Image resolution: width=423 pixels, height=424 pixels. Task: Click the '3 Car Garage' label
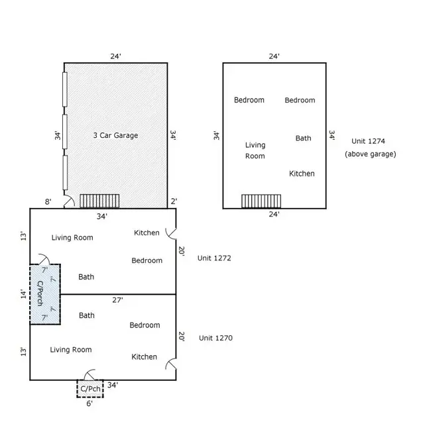click(115, 135)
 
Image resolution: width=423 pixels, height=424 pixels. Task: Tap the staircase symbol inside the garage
click(99, 201)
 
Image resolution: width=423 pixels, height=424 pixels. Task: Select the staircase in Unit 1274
click(261, 201)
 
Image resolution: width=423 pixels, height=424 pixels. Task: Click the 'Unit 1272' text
click(213, 258)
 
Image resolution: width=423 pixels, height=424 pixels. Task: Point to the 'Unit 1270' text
click(215, 338)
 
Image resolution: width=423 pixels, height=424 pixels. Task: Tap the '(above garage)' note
click(370, 154)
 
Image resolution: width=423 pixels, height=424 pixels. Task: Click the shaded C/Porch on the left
click(45, 294)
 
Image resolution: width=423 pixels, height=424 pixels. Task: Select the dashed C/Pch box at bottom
click(90, 388)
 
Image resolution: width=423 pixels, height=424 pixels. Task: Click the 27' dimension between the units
click(117, 300)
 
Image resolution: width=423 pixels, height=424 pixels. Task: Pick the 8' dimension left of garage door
click(48, 202)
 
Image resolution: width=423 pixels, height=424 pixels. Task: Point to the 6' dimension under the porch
click(90, 402)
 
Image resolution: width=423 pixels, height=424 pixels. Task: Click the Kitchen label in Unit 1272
click(147, 233)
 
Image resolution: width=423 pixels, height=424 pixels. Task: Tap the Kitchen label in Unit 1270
click(145, 357)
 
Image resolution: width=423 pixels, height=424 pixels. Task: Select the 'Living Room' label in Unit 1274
click(255, 150)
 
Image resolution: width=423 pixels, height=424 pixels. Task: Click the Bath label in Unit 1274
click(303, 138)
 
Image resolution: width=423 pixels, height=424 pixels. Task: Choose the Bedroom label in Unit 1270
click(145, 325)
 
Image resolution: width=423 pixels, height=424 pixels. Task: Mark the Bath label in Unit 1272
click(86, 277)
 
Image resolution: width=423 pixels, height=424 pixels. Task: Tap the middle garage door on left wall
click(64, 134)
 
